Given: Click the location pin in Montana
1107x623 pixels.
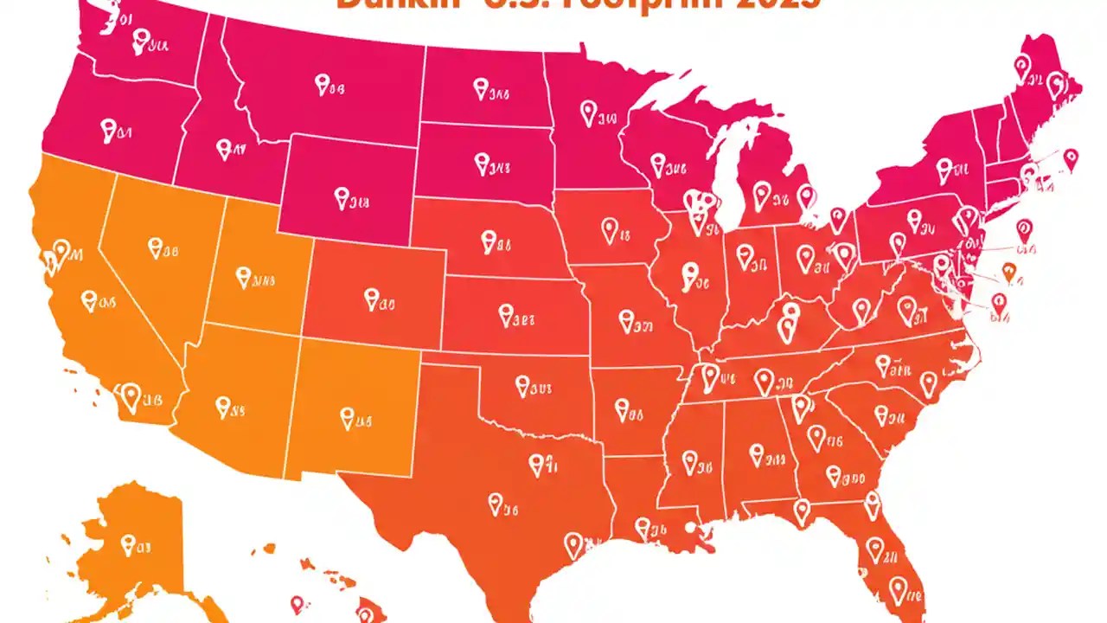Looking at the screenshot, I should coord(323,84).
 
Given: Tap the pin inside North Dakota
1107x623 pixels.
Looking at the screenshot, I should coord(482,87).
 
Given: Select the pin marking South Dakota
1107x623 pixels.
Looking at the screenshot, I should coord(482,160).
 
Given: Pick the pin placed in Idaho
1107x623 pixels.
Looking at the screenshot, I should coord(225,148).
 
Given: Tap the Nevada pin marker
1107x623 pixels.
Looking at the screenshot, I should coord(156,248).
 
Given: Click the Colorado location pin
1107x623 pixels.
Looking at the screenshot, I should coord(372,299).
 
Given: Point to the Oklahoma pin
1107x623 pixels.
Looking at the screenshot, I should coord(522,384).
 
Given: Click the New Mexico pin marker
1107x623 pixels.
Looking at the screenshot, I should coord(348,418).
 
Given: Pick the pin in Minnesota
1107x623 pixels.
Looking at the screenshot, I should coord(588,111).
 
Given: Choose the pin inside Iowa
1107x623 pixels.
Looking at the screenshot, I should coord(610,229).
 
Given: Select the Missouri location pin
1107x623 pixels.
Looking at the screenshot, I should coord(626,321).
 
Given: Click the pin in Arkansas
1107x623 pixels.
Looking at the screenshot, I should coord(623,408).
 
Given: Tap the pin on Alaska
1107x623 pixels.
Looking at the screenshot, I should coord(128,544).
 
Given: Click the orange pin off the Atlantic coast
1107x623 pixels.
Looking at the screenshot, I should coord(1008,273).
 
